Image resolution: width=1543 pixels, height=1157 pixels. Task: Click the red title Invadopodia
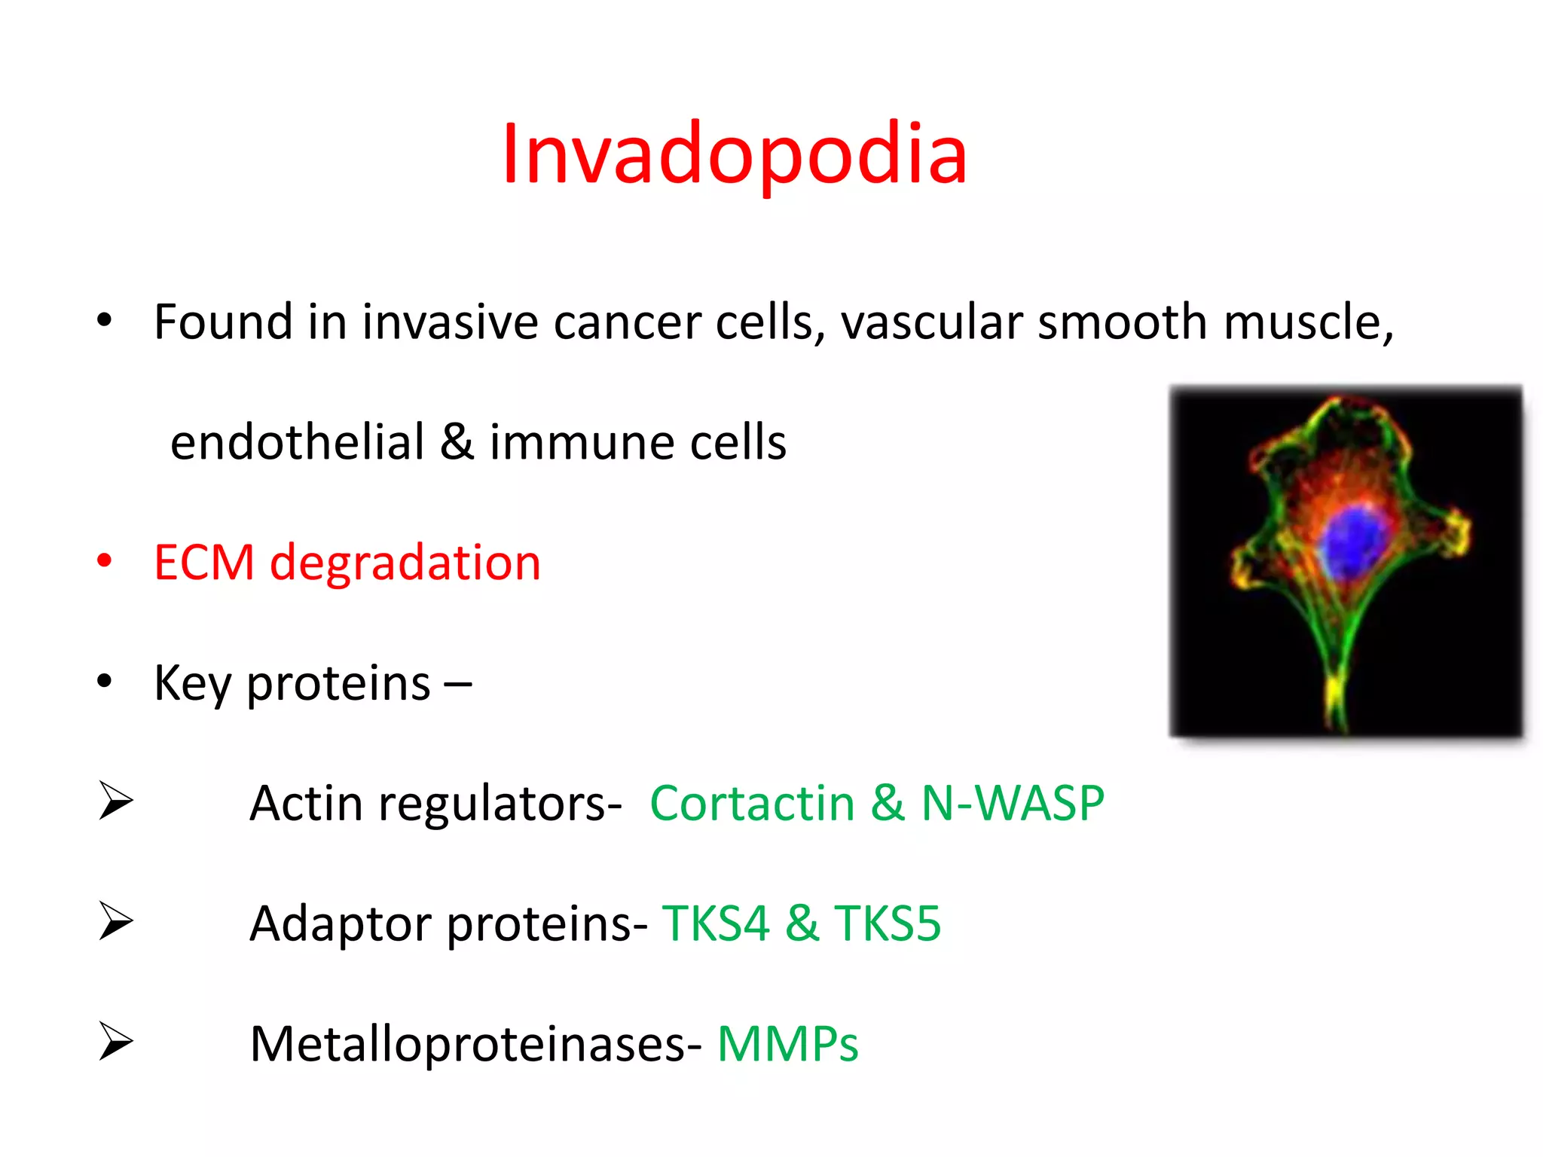(x=735, y=154)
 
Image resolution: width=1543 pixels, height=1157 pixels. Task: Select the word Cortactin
(x=752, y=803)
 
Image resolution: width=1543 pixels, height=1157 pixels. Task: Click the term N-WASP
(x=1013, y=803)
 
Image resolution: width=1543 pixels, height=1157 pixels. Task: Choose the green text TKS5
(x=888, y=923)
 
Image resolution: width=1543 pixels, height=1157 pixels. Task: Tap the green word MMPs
(x=787, y=1044)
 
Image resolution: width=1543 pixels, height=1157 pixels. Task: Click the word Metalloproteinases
(x=475, y=1044)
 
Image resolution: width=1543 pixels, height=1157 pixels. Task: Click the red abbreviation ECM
(x=204, y=563)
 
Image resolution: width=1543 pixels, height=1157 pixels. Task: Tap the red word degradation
(x=405, y=563)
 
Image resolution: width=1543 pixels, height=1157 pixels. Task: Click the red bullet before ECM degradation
(x=105, y=560)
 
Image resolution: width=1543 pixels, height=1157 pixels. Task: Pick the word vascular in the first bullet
(x=931, y=322)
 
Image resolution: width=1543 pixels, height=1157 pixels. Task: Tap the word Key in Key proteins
(x=192, y=684)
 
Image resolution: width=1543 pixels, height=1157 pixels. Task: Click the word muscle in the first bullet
(x=1308, y=322)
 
